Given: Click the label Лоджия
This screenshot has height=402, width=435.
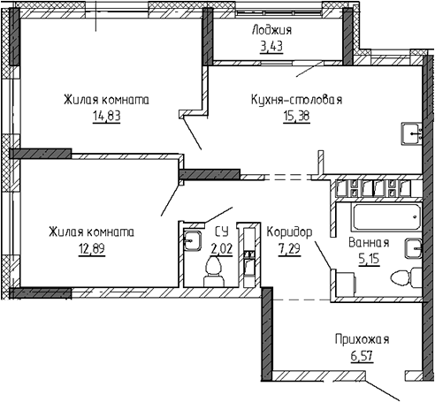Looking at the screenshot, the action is pos(271,30).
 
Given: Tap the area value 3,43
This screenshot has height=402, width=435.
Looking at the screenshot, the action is pos(271,46).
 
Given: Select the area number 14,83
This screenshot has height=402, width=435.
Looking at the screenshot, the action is pos(107,116).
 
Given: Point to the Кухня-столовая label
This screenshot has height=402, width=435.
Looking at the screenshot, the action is pos(297,100).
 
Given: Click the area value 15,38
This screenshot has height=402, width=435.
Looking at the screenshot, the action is pos(296,116).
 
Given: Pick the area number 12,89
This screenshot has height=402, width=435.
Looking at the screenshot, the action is pos(92,249).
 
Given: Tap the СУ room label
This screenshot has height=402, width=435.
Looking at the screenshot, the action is pos(222,231).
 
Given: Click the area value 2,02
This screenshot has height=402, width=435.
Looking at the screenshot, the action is pos(222,249).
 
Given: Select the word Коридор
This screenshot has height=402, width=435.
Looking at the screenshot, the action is pos(289,232).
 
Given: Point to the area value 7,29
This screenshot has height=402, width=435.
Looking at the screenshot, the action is pos(289,249).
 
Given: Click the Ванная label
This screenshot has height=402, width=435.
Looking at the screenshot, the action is pos(369,243).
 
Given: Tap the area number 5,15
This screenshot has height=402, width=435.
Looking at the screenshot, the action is pos(369,259).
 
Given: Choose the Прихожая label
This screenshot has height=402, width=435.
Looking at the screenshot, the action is pos(362,340).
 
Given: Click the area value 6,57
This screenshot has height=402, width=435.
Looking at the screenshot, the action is pos(362,356).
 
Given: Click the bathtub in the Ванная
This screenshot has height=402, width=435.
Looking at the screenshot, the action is pos(386,217).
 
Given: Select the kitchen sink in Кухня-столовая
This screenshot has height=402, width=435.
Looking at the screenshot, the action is pos(412,134).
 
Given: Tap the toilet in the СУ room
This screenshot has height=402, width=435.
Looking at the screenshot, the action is pos(213,271).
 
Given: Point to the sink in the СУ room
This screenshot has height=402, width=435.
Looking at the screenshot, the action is pos(192,241).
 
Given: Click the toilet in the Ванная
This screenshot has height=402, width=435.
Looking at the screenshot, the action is pos(406,277).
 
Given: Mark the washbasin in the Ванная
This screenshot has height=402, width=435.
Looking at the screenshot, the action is pos(414,248).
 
